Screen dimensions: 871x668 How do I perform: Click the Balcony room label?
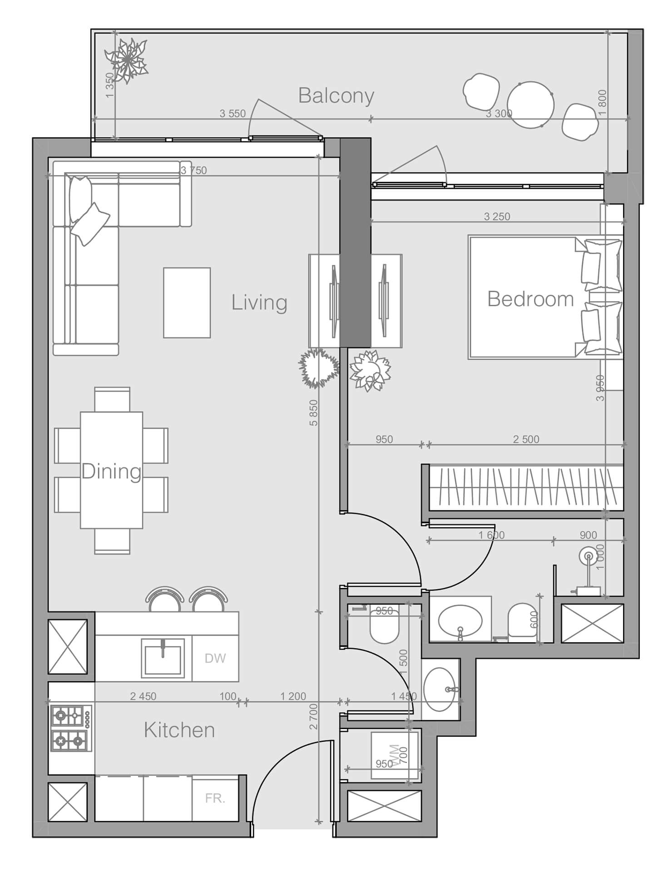[x=336, y=96]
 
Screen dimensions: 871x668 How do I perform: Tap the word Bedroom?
[x=530, y=299]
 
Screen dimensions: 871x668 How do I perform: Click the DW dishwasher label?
[x=215, y=658]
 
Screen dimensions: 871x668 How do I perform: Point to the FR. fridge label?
[x=215, y=798]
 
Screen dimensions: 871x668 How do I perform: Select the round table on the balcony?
[x=530, y=105]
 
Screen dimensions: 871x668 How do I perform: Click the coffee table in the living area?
[x=187, y=303]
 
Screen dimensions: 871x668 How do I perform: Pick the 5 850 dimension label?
[x=313, y=412]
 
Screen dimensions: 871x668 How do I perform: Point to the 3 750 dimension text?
[x=193, y=171]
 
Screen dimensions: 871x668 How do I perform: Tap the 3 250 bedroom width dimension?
[x=497, y=217]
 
